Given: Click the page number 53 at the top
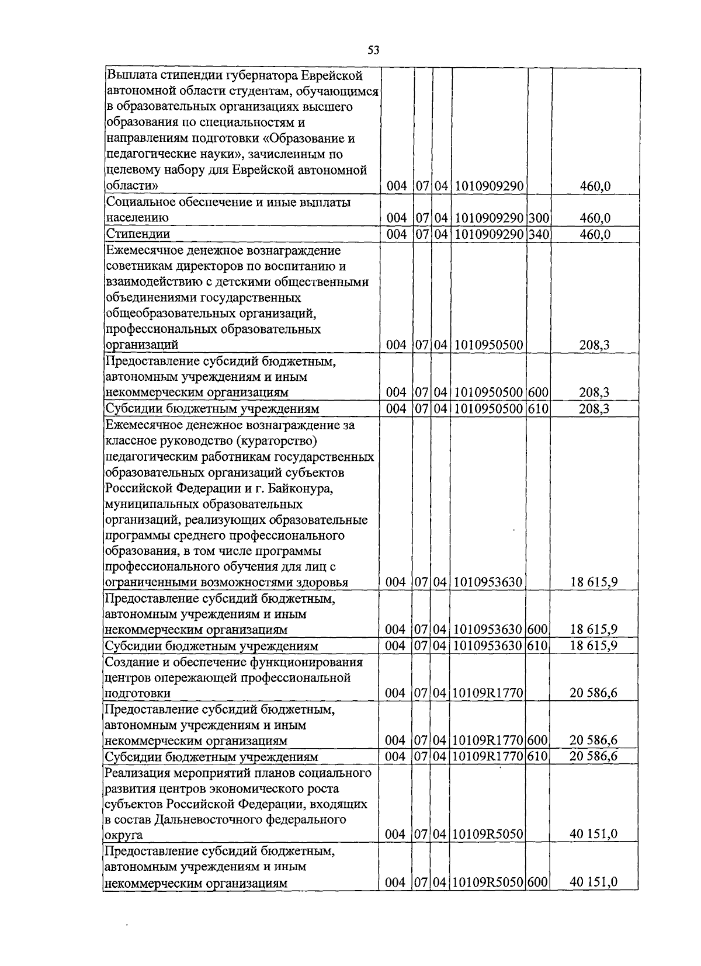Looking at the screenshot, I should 374,50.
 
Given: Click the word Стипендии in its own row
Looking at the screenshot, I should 138,234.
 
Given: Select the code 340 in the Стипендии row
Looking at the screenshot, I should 539,234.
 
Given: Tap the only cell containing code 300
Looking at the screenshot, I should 539,218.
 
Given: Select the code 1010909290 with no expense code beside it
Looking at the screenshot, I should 488,187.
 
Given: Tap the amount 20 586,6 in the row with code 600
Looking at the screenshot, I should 594,741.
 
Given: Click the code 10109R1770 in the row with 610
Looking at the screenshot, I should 488,757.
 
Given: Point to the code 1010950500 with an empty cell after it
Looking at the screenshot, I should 488,345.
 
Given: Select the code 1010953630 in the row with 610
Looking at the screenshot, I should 488,646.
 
